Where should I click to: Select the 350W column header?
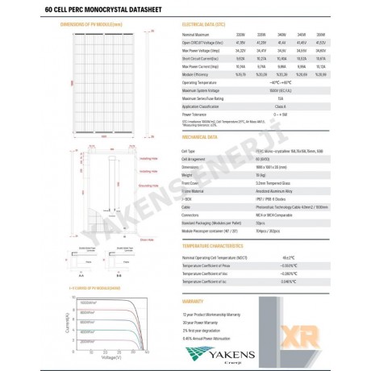[321, 36]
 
